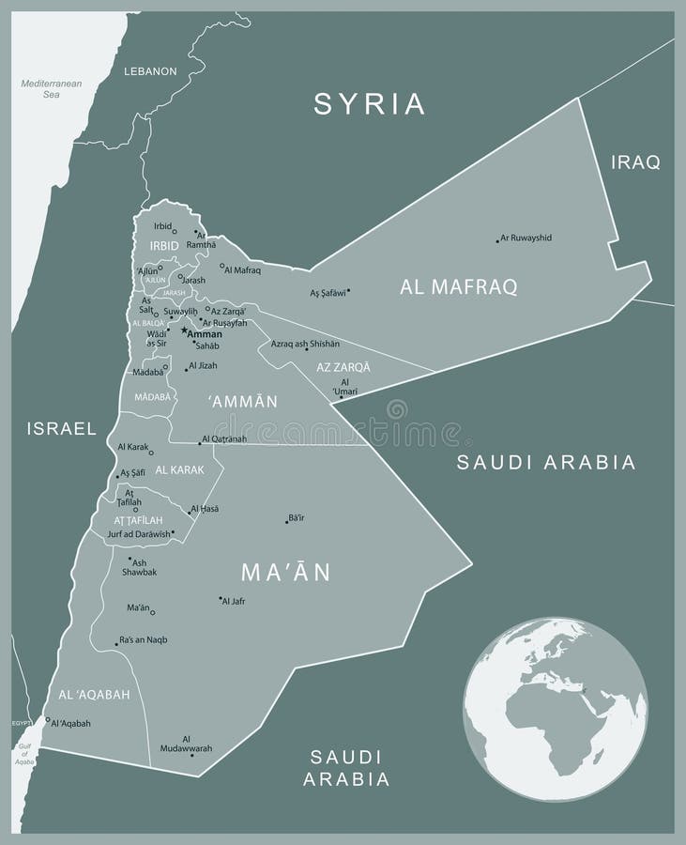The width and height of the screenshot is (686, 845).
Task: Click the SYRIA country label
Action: (370, 103)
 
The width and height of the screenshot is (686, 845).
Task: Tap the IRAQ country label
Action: (635, 162)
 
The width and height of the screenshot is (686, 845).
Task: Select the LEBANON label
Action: (150, 71)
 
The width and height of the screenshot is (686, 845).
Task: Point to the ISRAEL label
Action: (62, 429)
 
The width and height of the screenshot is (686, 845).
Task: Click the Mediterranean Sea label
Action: (52, 89)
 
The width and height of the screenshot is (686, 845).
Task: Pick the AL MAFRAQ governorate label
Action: (458, 287)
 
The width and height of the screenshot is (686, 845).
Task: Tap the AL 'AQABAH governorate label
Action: (94, 695)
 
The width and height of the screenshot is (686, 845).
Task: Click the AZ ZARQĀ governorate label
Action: (343, 367)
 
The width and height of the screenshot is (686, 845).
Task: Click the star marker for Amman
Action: (184, 331)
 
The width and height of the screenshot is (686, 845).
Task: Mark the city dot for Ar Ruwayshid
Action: (497, 241)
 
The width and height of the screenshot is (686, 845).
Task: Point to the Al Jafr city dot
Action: (221, 598)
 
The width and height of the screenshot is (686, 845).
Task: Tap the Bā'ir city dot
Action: (287, 521)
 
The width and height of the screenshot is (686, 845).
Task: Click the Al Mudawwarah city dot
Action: (191, 754)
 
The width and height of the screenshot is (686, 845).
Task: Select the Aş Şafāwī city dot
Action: (348, 291)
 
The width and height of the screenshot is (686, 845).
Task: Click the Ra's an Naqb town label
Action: (144, 639)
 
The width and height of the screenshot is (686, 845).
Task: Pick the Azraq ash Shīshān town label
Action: (305, 344)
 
